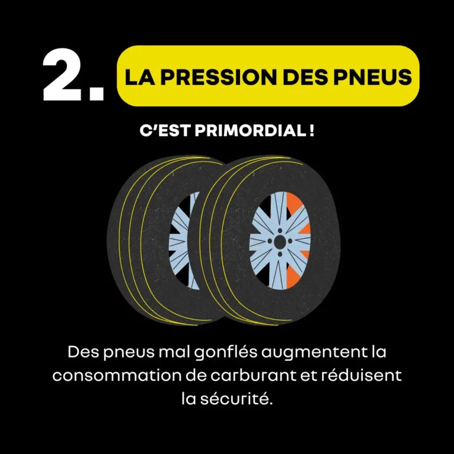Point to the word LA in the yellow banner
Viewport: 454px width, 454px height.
tap(140, 77)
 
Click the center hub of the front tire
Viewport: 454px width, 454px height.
tap(278, 242)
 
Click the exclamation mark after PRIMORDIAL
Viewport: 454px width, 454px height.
tap(311, 131)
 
